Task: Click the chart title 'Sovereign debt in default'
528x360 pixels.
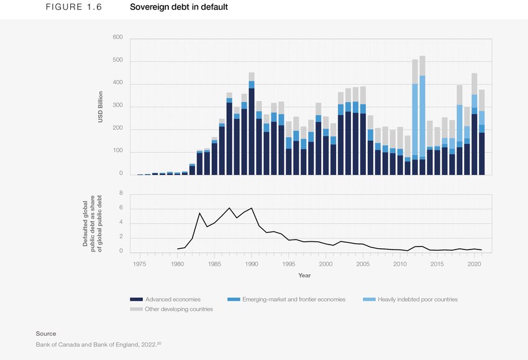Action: (x=178, y=7)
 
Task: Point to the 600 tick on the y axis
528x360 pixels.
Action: (x=117, y=38)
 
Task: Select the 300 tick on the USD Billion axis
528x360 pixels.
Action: (x=117, y=106)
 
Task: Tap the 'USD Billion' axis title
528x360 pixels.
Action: (x=100, y=106)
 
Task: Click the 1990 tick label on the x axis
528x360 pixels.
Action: (x=252, y=264)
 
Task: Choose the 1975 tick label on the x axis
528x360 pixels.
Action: (x=140, y=264)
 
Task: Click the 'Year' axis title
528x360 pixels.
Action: (x=304, y=275)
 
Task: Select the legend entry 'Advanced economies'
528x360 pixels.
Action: (x=172, y=299)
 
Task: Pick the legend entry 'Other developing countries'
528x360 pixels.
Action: (x=178, y=309)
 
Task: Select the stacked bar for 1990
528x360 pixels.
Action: (x=252, y=124)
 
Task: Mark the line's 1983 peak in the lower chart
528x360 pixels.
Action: (x=199, y=213)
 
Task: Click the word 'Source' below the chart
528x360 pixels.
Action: (x=46, y=333)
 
